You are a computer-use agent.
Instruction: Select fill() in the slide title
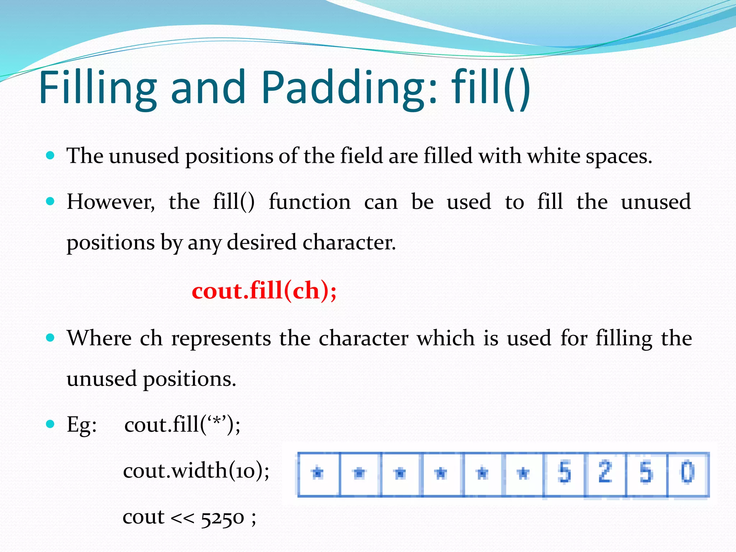[491, 87]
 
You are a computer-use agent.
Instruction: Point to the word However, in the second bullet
[111, 202]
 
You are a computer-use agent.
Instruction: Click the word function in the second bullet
[310, 202]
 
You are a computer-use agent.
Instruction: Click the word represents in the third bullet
[221, 339]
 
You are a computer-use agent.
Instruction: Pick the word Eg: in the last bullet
[82, 425]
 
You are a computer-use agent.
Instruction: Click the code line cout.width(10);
[196, 470]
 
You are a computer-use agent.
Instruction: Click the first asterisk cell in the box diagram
[318, 474]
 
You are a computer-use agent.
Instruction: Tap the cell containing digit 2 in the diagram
[606, 474]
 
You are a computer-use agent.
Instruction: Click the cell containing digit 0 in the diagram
[688, 474]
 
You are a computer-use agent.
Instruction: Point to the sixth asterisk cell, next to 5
[524, 474]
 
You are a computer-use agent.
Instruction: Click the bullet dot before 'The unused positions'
[50, 156]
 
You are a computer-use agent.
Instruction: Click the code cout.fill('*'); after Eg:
[182, 425]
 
